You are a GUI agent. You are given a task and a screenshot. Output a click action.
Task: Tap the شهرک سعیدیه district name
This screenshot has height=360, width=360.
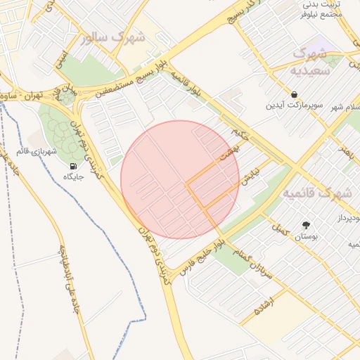[x=312, y=62]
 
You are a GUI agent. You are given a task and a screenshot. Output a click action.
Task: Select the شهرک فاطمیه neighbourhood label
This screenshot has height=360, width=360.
[x=316, y=192]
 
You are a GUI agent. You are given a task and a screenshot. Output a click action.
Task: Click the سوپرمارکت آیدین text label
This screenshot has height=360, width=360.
[x=294, y=106]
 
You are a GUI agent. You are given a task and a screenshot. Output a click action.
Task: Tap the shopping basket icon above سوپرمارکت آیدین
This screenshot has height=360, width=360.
[x=294, y=94]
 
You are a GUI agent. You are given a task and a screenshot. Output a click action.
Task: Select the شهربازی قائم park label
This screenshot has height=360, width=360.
[x=32, y=149]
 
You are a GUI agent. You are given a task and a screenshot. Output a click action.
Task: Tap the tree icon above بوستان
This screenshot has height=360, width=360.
[x=306, y=226]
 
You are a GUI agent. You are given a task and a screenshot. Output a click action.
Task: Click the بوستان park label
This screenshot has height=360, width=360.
[x=306, y=238]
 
